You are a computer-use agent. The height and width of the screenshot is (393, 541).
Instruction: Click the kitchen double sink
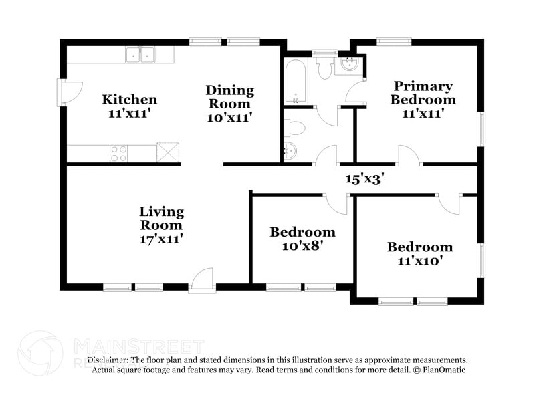(140, 55)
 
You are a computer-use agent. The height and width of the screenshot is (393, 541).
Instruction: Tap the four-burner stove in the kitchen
(119, 154)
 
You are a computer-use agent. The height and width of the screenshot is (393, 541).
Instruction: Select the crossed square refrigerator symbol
(168, 153)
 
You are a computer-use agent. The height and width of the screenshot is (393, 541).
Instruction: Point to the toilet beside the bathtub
(325, 68)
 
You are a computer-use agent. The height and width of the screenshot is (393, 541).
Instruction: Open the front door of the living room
(201, 280)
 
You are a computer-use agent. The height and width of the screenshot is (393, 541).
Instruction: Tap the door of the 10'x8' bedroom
(336, 203)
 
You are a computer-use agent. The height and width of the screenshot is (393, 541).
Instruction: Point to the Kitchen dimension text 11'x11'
(130, 114)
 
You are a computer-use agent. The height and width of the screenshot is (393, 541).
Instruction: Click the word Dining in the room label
(229, 90)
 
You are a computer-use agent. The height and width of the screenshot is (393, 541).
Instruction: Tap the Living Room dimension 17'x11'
(160, 238)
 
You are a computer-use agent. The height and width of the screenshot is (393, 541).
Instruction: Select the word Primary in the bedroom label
(423, 86)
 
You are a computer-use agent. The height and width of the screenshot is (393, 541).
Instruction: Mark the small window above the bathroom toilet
(326, 51)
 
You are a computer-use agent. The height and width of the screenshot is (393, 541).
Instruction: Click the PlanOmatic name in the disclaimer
(443, 370)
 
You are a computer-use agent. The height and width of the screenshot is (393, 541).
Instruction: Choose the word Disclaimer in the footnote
(109, 360)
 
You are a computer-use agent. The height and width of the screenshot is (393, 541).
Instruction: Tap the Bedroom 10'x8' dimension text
(302, 246)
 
